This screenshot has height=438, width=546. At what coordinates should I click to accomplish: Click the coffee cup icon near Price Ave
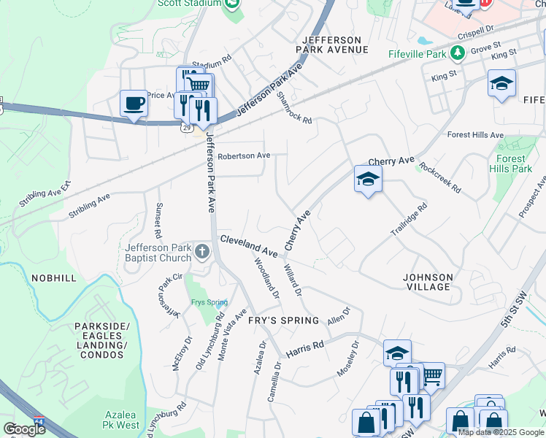coord(134,103)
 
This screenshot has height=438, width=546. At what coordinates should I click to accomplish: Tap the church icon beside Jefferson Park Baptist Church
coord(202,252)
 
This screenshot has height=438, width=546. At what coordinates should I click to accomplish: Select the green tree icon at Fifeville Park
coord(458,53)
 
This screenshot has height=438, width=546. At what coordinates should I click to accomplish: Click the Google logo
coord(24,429)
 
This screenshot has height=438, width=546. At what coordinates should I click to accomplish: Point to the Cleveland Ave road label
coord(249,246)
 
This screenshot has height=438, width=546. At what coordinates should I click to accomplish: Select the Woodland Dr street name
coord(266,277)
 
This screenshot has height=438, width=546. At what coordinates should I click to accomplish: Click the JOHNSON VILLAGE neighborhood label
coord(428,283)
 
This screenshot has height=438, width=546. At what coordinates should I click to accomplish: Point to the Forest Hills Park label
coord(511,164)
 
